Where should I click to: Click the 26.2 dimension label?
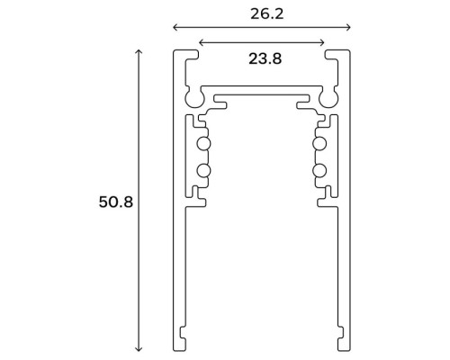[x=266, y=14]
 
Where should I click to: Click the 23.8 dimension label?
[x=265, y=58]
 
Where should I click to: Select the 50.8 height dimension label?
[x=116, y=202]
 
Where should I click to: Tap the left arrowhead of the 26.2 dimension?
[x=175, y=28]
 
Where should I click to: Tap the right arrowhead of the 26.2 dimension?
[x=348, y=28]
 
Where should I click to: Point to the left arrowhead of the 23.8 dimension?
[x=202, y=42]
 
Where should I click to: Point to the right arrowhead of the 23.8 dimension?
[x=322, y=42]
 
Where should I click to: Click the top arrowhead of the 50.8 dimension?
[x=139, y=51]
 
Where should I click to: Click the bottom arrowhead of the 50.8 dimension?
[x=139, y=348]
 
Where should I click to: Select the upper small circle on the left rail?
[x=203, y=144]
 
